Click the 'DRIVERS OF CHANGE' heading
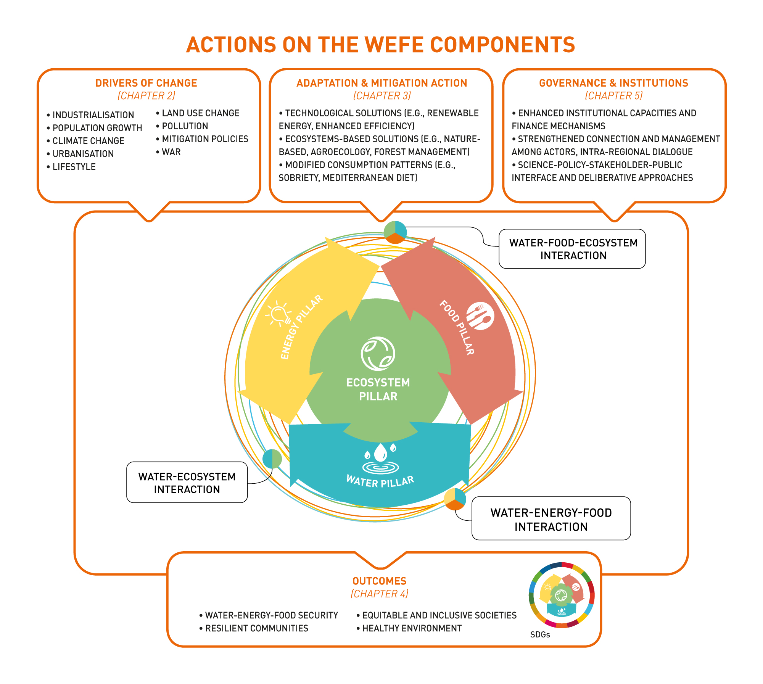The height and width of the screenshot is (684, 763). [146, 83]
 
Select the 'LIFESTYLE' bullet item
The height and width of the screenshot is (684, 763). [74, 167]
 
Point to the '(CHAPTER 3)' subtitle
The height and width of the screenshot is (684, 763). [382, 96]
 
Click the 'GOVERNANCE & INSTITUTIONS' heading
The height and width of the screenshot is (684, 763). [613, 83]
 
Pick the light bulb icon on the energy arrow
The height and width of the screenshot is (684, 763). [279, 314]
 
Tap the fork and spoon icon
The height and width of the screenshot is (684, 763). [480, 316]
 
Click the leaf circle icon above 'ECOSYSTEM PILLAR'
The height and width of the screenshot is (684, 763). [378, 354]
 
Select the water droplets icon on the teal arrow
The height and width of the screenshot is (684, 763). [380, 457]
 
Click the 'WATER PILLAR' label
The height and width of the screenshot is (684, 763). [380, 482]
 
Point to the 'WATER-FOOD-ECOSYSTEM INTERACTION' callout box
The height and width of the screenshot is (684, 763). [572, 249]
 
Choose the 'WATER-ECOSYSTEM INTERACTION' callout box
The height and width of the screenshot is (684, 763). [187, 483]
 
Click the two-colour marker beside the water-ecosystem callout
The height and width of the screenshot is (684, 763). [272, 459]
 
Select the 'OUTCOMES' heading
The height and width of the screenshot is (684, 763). [379, 581]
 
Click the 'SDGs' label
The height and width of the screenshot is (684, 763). [540, 634]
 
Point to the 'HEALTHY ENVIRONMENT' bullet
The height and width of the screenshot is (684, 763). [412, 628]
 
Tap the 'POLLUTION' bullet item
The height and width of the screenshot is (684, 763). [185, 126]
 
